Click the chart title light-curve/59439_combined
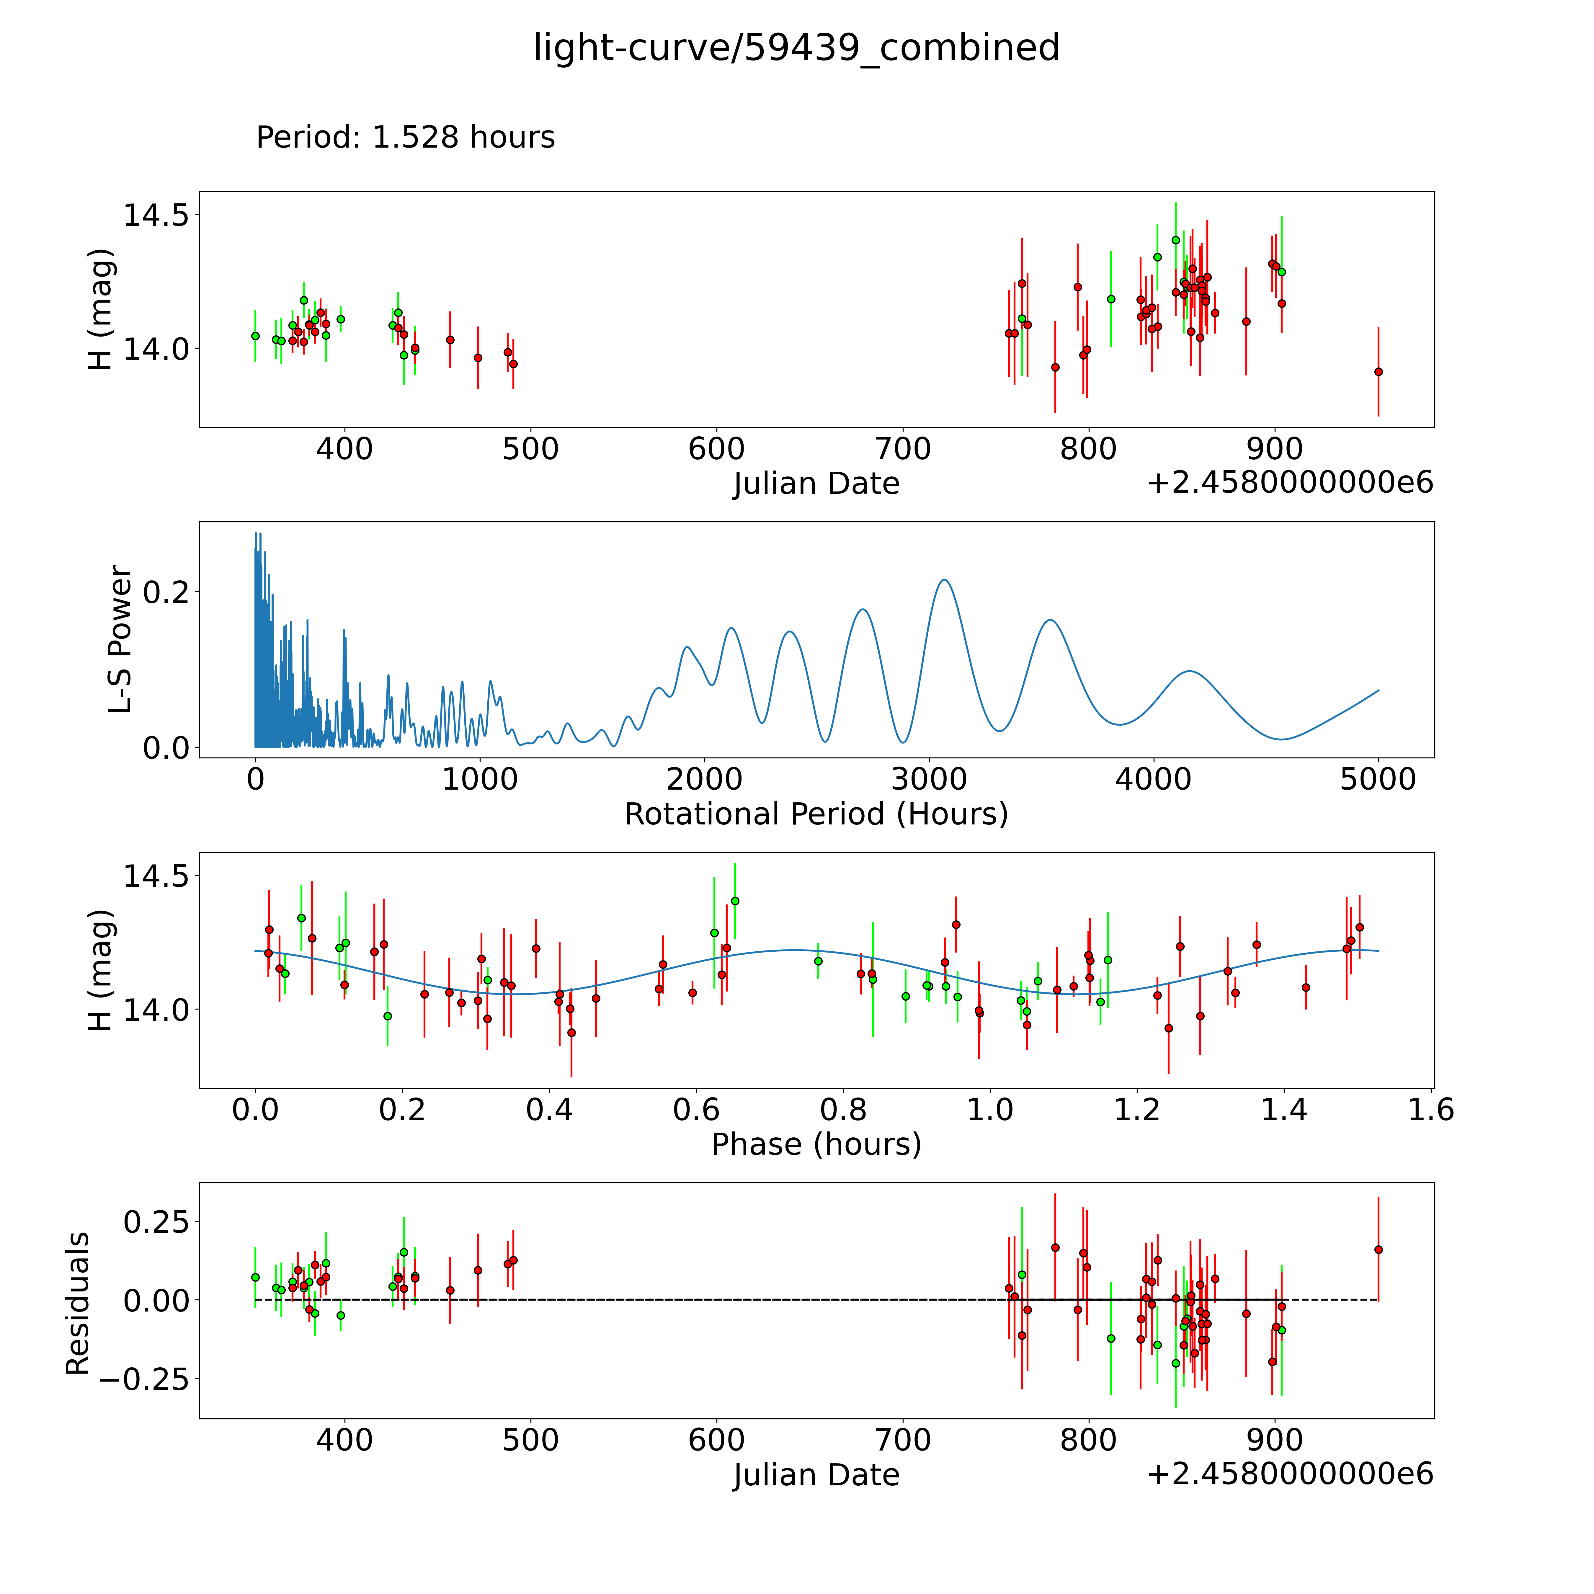tap(796, 48)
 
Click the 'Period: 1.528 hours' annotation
tap(405, 137)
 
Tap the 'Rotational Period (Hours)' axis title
tap(816, 814)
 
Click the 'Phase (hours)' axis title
tap(816, 1144)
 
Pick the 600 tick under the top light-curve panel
tap(716, 450)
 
